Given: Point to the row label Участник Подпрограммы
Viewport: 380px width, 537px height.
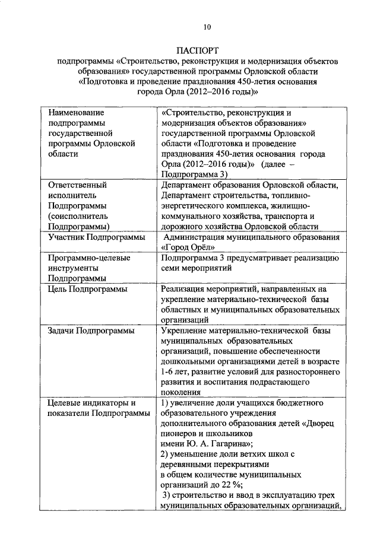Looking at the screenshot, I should click(97, 237).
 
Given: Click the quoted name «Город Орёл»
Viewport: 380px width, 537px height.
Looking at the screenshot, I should click(185, 247).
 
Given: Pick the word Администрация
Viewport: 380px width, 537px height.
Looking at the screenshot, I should click(194, 237).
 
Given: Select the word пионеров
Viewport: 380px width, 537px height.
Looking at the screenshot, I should click(179, 433).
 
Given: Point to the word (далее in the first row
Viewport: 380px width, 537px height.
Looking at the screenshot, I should click(273, 164).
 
